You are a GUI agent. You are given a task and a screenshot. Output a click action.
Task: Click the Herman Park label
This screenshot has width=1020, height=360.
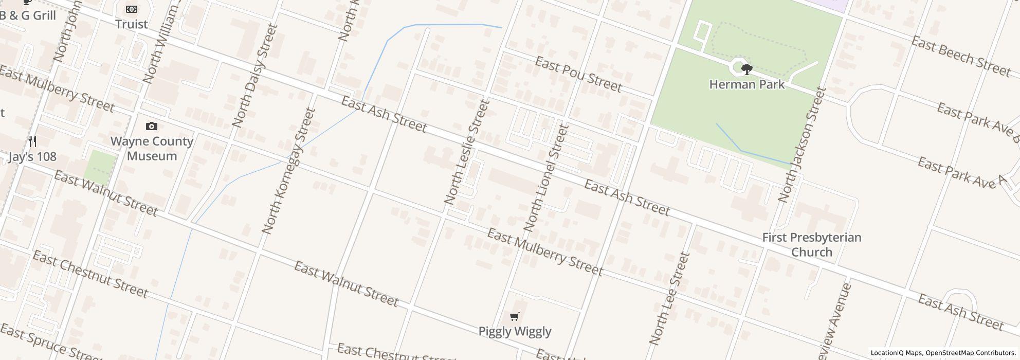pos(746,84)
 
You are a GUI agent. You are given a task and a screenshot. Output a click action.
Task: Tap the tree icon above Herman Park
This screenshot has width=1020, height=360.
pos(746,69)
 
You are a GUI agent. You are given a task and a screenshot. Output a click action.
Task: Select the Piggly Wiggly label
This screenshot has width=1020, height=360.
pos(515,331)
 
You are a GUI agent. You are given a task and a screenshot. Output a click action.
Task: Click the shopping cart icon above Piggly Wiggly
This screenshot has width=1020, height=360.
pos(515,316)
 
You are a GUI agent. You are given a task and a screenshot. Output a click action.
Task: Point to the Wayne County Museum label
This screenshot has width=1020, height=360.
pos(152,149)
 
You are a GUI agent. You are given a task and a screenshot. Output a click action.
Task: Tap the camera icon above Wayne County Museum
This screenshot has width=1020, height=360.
pos(152,126)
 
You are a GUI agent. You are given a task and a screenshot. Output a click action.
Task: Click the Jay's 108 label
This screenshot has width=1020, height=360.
pos(32,157)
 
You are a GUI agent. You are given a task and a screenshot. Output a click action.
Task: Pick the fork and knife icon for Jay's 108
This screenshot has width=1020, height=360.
pos(32,141)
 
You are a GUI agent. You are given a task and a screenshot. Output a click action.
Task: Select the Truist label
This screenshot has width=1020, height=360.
pos(132,24)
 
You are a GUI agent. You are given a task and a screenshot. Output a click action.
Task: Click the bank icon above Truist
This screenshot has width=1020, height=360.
pos(132,9)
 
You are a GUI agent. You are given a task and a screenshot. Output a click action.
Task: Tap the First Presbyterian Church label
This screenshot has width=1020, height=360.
pos(811,245)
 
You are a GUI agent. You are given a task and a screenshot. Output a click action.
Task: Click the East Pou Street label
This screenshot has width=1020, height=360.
pos(578,74)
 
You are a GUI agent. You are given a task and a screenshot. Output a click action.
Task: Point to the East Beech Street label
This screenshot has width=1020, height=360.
pos(960,57)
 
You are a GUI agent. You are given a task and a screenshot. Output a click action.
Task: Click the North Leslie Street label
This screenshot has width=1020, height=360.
pos(466,152)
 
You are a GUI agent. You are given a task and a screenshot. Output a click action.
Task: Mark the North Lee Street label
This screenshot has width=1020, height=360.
pos(669,298)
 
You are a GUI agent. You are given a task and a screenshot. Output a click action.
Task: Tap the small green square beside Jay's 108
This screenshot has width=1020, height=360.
pos(101,166)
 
